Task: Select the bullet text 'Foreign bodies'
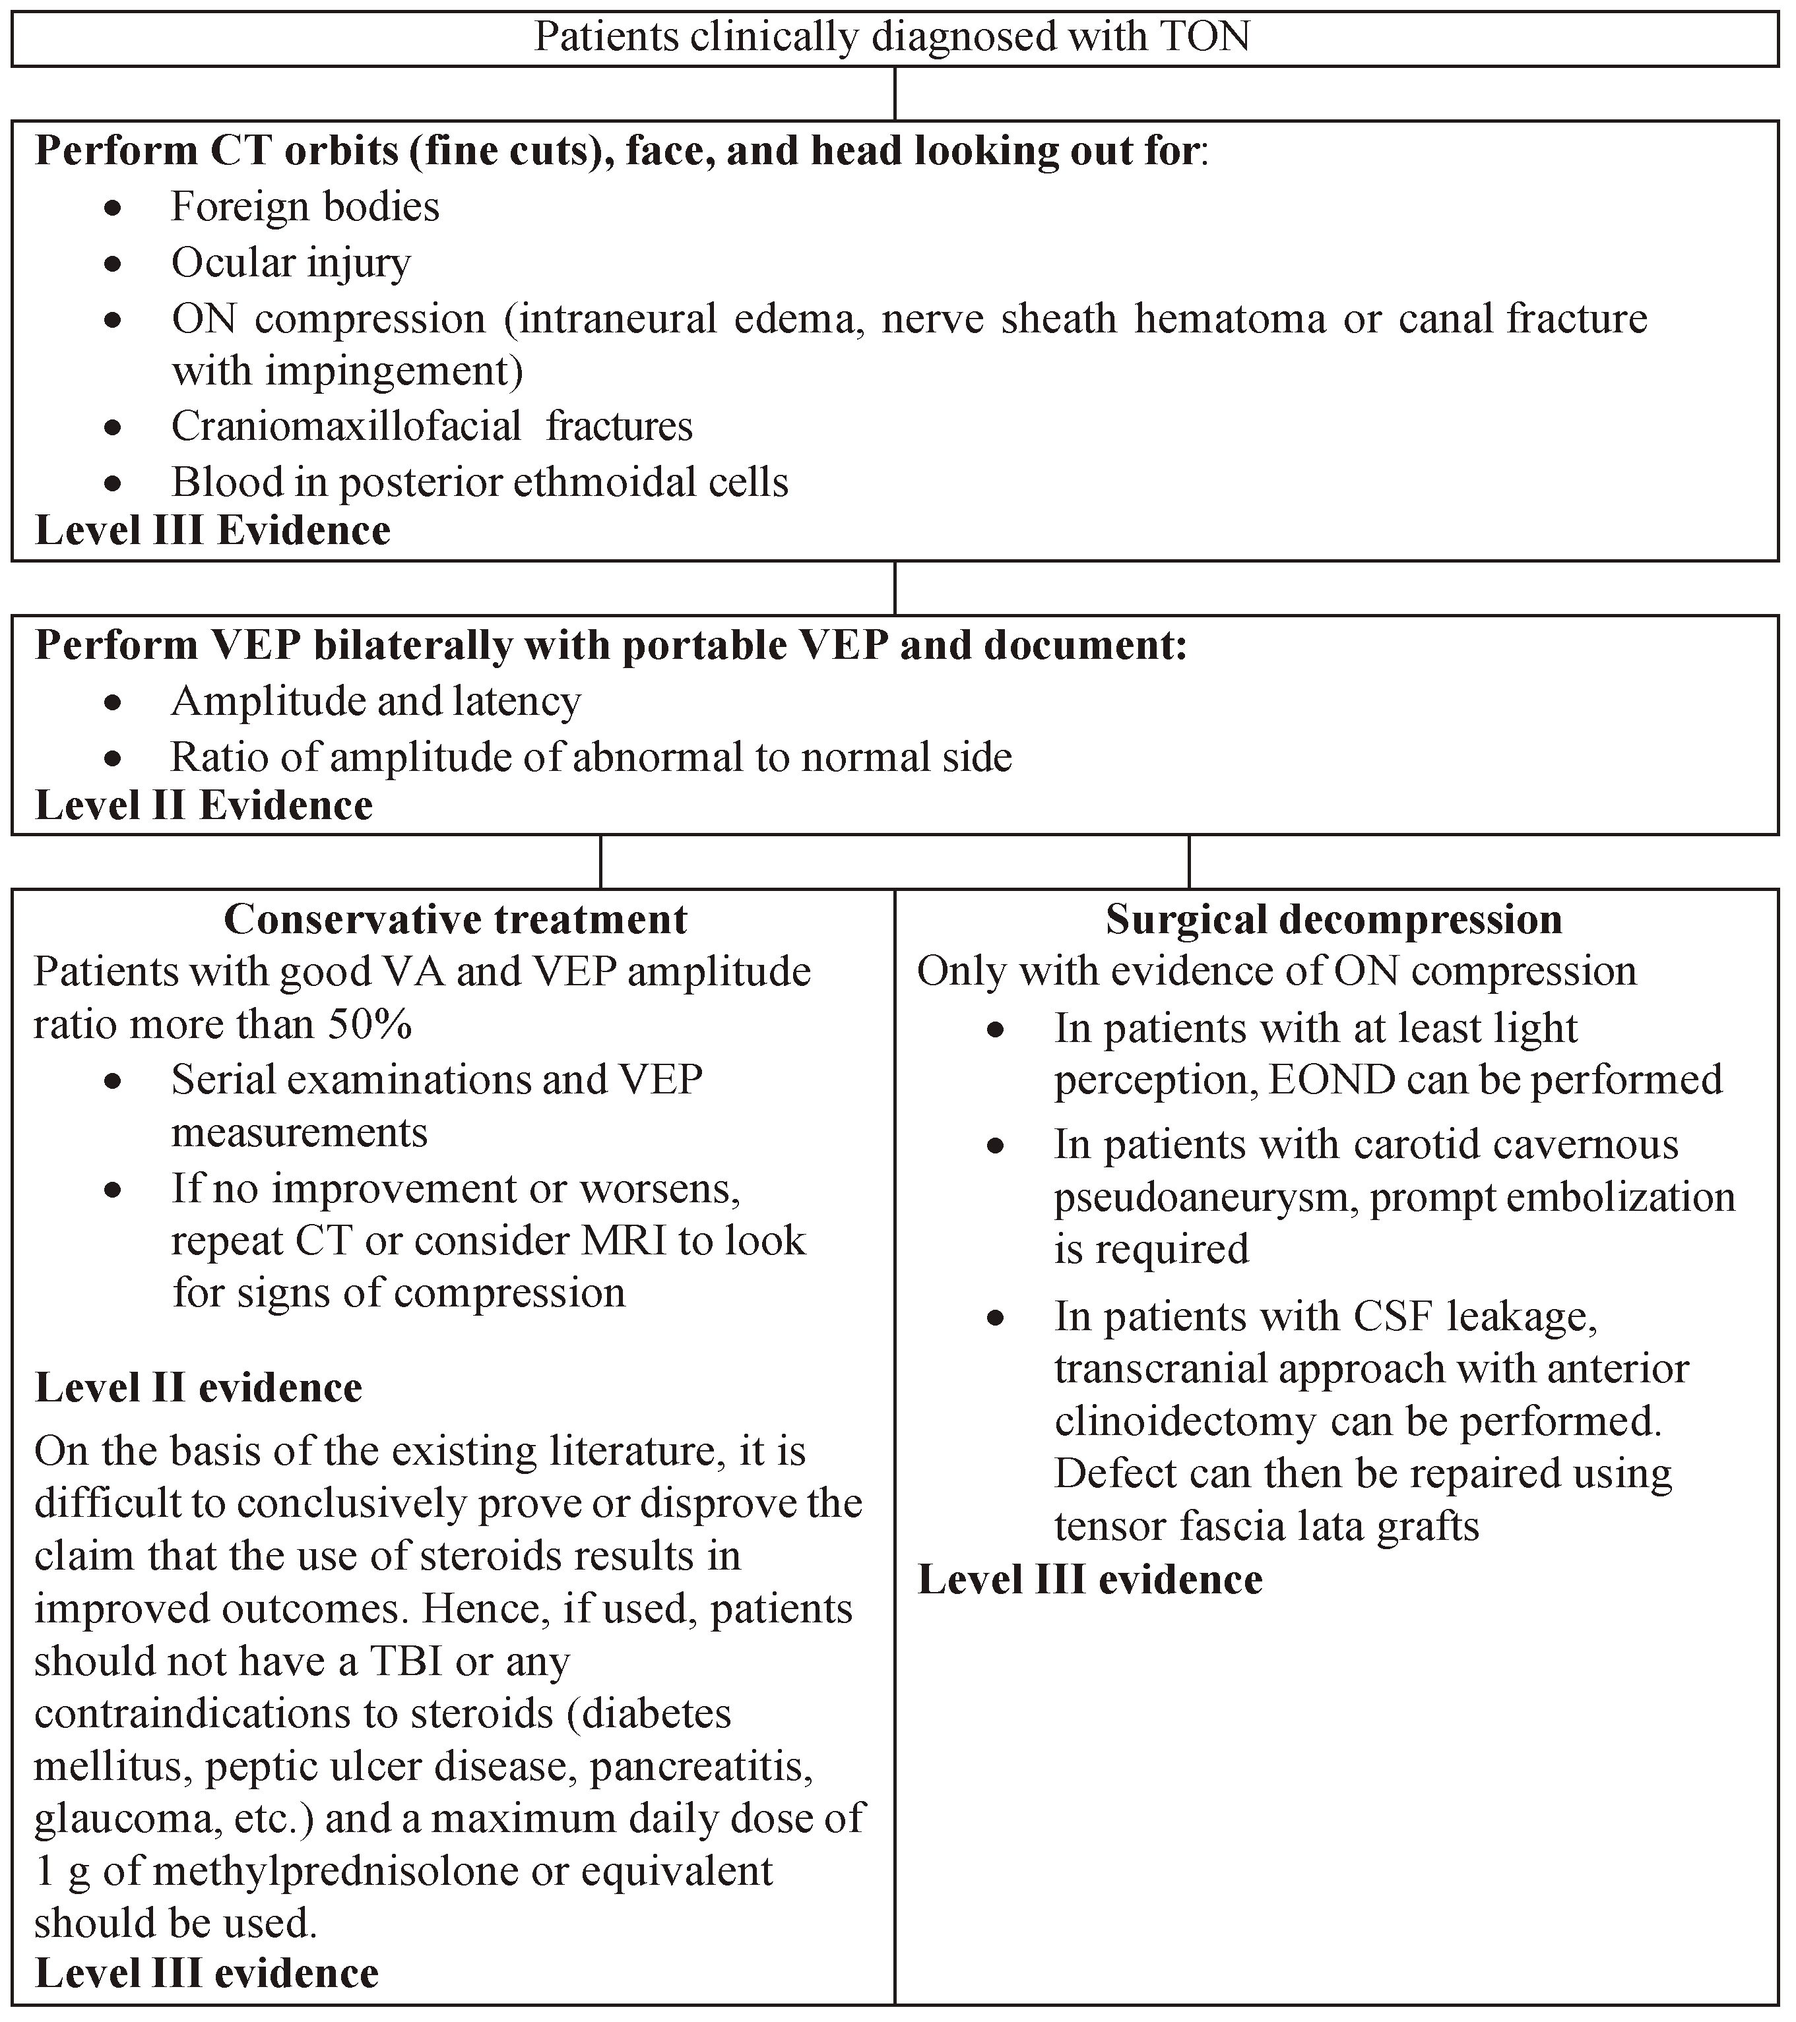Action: [x=305, y=207]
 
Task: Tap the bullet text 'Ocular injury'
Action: [x=291, y=263]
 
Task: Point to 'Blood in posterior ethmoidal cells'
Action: [x=480, y=483]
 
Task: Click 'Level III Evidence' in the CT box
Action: [x=212, y=532]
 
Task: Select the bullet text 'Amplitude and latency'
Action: [x=376, y=702]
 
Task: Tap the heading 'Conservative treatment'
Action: [x=455, y=919]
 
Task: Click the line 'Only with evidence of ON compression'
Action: [x=1277, y=971]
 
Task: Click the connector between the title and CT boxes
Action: [x=895, y=94]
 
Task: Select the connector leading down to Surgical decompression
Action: [x=1188, y=861]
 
